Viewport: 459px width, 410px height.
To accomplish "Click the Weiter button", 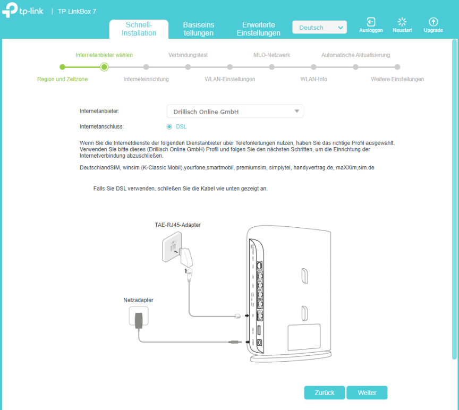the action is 367,392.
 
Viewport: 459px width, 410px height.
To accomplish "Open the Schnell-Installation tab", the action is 139,29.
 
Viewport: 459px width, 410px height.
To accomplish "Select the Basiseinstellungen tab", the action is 199,29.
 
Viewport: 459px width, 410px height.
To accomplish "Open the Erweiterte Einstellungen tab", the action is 259,29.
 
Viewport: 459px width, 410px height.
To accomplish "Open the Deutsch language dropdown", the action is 319,27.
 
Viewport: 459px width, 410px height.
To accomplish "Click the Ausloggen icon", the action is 371,22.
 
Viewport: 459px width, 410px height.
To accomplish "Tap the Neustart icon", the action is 402,22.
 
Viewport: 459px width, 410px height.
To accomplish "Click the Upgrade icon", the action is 433,22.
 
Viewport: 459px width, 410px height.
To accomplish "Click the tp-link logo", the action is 22,10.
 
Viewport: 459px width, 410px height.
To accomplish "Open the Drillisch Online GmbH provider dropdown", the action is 235,111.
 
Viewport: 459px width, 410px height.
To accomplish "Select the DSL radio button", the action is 169,127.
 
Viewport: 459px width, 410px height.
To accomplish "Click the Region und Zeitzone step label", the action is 62,79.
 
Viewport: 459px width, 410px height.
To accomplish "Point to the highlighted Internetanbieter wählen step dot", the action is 104,67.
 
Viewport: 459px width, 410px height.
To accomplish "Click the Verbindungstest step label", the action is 188,55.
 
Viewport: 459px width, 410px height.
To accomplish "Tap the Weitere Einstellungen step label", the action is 397,79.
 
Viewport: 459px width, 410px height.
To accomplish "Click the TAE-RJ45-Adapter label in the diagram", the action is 177,225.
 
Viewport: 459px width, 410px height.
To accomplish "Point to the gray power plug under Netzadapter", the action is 139,320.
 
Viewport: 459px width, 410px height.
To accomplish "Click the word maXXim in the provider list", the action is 346,168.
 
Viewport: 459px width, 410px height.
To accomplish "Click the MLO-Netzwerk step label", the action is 271,55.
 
